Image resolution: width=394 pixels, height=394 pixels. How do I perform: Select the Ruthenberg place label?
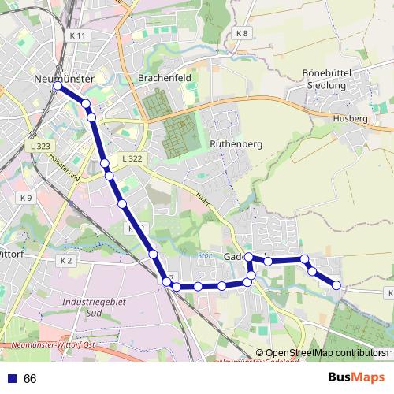tap(236, 145)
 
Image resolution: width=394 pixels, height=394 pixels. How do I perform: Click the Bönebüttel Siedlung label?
tap(331, 78)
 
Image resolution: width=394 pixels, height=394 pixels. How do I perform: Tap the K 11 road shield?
tap(77, 36)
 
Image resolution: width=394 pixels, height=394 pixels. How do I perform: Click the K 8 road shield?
tap(242, 34)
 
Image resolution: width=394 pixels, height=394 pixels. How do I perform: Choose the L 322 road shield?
tap(132, 159)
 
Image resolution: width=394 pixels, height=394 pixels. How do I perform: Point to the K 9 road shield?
tap(27, 197)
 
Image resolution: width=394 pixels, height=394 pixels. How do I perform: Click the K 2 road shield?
tap(65, 260)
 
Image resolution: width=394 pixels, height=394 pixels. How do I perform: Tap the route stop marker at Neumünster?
tap(57, 87)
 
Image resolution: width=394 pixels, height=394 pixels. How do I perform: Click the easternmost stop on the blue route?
tap(337, 285)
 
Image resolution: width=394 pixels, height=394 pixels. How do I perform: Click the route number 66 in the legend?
tap(30, 378)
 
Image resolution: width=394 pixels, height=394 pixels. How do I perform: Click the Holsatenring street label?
tap(65, 168)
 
